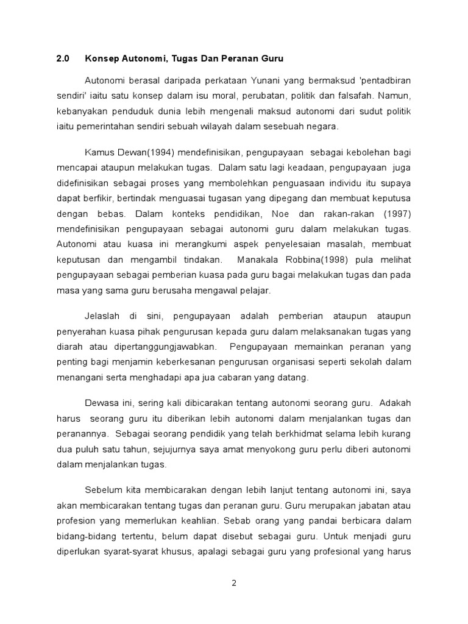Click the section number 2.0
(x=63, y=59)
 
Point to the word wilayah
(x=214, y=127)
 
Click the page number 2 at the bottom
(x=234, y=583)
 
